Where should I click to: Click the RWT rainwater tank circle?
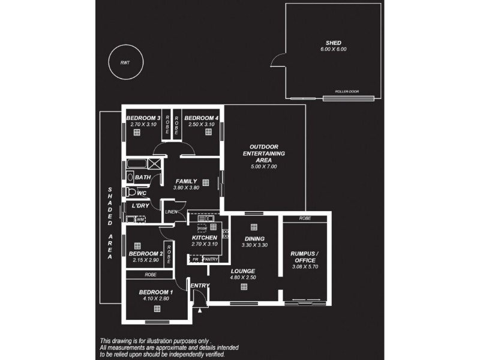125,62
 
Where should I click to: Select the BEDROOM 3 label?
143,118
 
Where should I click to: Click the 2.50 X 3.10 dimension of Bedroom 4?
201,124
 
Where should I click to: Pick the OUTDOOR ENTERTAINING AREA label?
263,154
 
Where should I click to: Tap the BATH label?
143,178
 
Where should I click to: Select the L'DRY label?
140,206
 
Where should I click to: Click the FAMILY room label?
186,181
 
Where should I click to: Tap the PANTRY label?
210,259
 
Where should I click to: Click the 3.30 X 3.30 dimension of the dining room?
253,244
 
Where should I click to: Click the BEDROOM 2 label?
146,254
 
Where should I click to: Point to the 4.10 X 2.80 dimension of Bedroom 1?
157,298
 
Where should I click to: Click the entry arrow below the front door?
199,310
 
